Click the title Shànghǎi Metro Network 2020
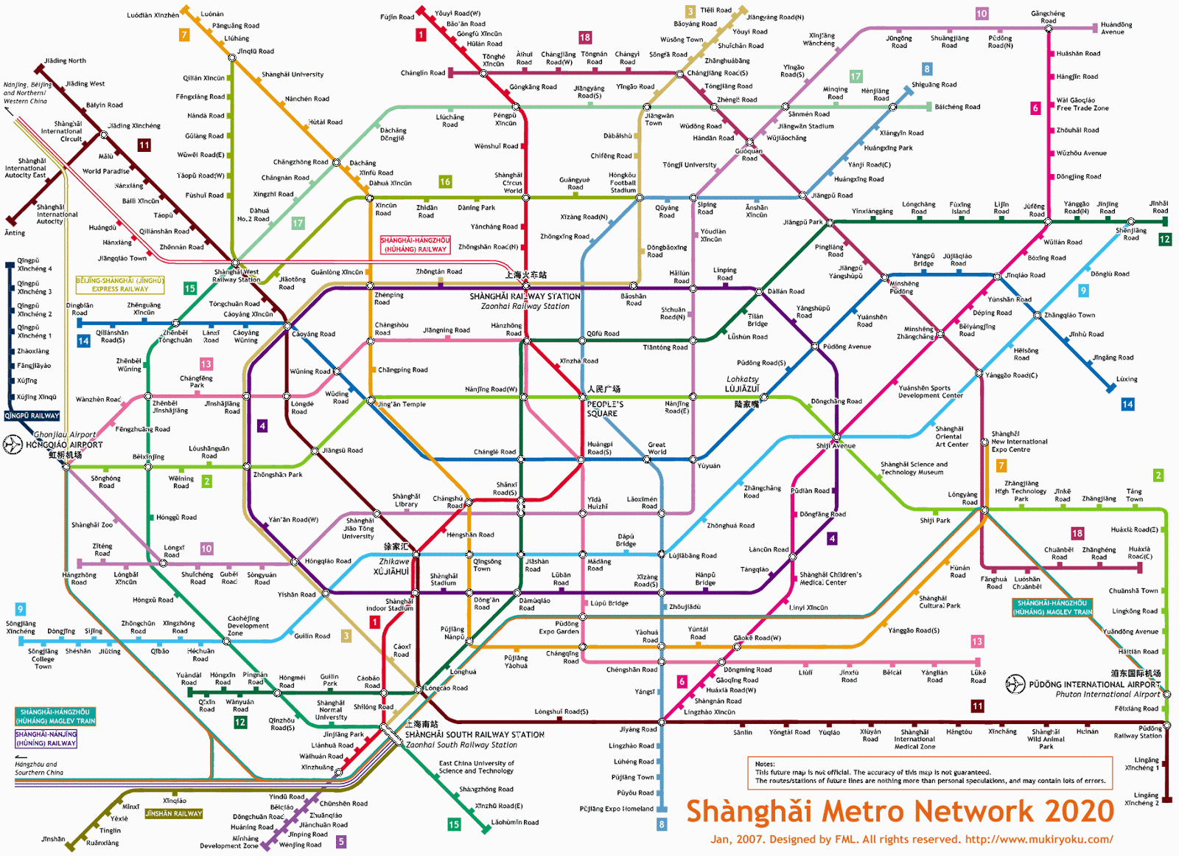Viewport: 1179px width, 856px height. pyautogui.click(x=900, y=811)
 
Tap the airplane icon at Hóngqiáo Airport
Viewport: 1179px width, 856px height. pyautogui.click(x=13, y=445)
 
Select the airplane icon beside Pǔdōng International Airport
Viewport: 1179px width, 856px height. pyautogui.click(x=1015, y=684)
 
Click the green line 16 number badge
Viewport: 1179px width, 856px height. pyautogui.click(x=445, y=181)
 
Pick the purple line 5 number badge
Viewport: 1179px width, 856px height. pyautogui.click(x=341, y=841)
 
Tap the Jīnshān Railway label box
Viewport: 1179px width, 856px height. pyautogui.click(x=173, y=813)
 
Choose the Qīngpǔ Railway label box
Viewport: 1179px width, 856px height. pyautogui.click(x=32, y=415)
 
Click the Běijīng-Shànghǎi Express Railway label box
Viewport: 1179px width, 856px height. pyautogui.click(x=120, y=285)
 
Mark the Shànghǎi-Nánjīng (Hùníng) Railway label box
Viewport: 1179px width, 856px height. pyautogui.click(x=46, y=739)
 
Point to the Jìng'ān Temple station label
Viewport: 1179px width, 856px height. pyautogui.click(x=401, y=404)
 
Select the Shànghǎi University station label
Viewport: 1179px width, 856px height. pyautogui.click(x=293, y=74)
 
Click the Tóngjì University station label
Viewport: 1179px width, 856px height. pyautogui.click(x=689, y=164)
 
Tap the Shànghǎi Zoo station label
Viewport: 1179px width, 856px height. pyautogui.click(x=92, y=525)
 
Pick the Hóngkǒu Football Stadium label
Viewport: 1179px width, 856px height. pyautogui.click(x=623, y=183)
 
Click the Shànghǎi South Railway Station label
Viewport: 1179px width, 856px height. pyautogui.click(x=475, y=734)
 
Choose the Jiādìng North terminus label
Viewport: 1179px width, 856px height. pyautogui.click(x=65, y=60)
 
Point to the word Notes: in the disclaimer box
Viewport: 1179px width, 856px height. pyautogui.click(x=765, y=764)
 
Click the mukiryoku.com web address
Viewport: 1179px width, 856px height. pyautogui.click(x=1039, y=839)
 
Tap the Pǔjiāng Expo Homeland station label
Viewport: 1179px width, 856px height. pyautogui.click(x=616, y=809)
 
